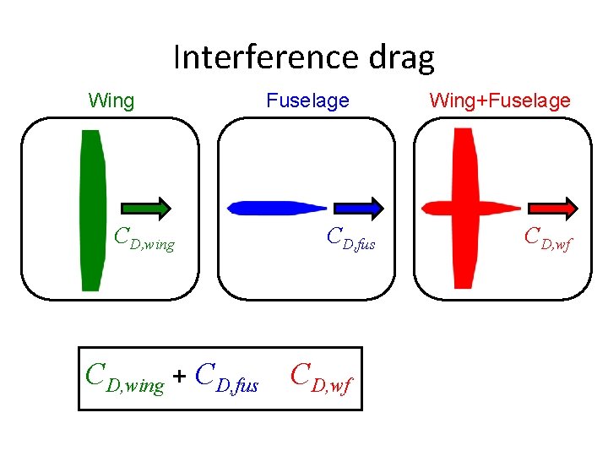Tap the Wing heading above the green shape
111,101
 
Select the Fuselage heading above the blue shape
307,101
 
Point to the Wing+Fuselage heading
500,101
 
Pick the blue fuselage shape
270,208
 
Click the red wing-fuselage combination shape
463,207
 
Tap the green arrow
146,208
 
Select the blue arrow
359,208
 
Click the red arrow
553,208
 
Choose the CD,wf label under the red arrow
548,239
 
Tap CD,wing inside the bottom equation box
126,378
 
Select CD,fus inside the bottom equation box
226,378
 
